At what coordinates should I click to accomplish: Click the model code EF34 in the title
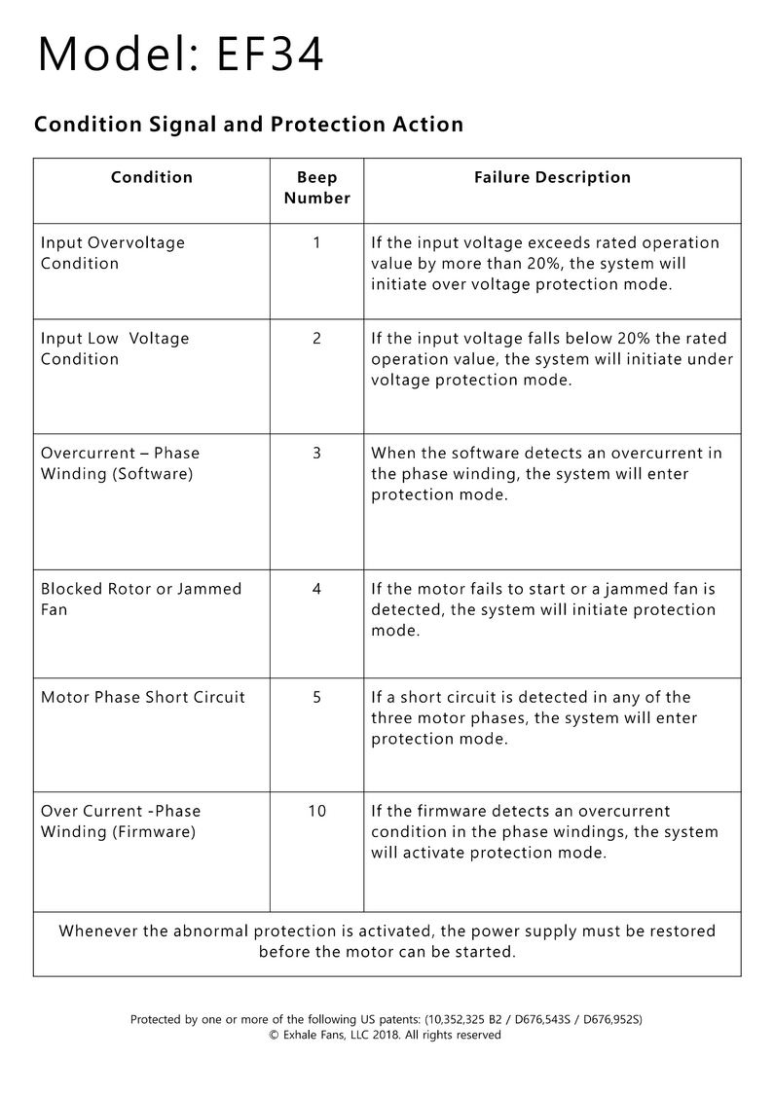271,55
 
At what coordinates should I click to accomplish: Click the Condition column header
152,177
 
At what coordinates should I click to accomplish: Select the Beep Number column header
316,188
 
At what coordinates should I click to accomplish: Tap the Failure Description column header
552,177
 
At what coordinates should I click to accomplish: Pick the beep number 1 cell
316,242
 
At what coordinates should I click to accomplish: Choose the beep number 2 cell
316,339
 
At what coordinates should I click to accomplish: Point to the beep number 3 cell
316,454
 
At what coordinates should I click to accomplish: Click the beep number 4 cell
316,589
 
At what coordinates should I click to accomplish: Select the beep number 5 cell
316,697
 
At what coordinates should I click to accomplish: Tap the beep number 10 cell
316,811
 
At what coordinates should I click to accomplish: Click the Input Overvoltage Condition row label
112,253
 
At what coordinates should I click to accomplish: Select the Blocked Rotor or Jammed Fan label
140,599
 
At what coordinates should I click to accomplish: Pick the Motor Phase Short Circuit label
143,697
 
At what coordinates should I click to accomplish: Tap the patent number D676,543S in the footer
537,1019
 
